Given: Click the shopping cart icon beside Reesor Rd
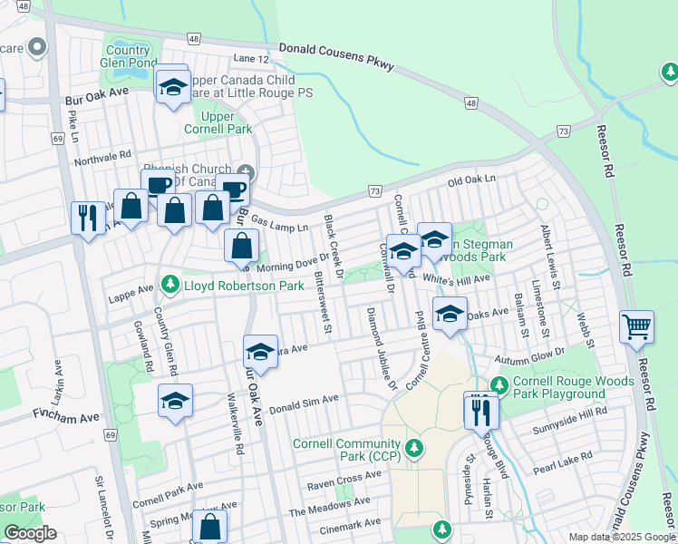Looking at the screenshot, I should [x=636, y=325].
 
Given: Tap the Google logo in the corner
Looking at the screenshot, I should [x=30, y=533].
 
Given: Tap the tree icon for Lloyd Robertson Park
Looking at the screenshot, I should [x=169, y=286].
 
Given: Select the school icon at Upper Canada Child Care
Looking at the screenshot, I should [x=171, y=86].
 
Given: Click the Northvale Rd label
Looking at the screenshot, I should [x=102, y=156].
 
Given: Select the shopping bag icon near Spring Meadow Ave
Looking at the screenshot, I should [x=209, y=525].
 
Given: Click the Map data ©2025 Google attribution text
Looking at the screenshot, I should [x=621, y=537].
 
